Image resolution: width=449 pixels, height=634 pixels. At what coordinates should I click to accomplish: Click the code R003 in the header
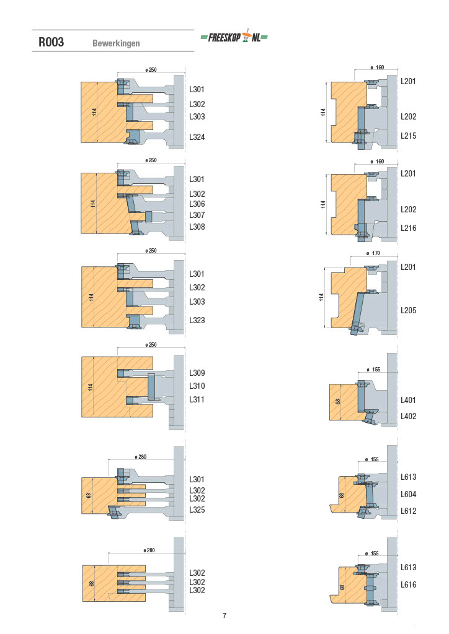pos(51,42)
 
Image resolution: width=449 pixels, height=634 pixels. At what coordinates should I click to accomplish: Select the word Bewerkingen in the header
pos(116,43)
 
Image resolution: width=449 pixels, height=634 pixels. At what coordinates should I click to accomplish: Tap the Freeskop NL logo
pos(234,37)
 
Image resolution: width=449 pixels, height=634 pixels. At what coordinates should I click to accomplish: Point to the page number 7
pos(225,615)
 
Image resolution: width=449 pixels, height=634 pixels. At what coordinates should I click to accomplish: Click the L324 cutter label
pos(197,137)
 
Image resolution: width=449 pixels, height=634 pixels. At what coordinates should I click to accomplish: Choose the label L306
pos(197,204)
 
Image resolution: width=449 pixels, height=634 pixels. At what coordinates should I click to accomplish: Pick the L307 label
pos(197,215)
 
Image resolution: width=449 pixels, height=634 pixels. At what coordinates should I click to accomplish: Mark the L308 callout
pos(197,227)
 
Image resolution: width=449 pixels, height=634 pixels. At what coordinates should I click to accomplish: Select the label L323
pos(197,320)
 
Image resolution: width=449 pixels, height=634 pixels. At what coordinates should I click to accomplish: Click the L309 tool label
pos(197,373)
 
